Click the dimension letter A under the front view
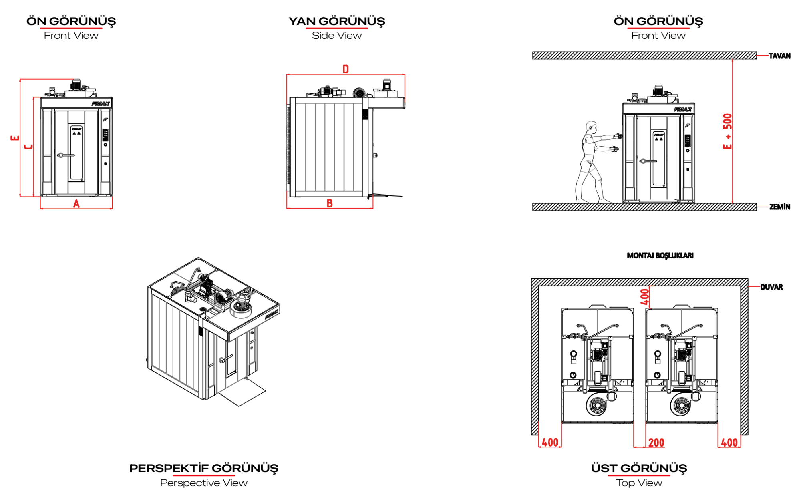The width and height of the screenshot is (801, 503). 76,204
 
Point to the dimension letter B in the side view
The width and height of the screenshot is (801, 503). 330,203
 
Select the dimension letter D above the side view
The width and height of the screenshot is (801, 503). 346,69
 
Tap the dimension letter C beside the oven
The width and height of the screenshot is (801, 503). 28,147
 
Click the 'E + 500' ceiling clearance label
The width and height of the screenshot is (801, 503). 727,131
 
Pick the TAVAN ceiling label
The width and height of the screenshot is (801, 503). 779,56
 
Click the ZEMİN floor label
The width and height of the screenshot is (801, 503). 779,207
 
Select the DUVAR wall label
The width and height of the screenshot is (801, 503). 771,287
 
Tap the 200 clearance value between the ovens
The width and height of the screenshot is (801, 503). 656,443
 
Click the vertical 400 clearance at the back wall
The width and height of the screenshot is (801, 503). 644,297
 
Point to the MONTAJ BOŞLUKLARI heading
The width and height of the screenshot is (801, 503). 660,256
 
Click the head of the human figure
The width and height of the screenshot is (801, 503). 591,127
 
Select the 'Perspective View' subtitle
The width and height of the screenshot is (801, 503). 204,483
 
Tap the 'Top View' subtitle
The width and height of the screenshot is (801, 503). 639,483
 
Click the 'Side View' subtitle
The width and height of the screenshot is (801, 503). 337,36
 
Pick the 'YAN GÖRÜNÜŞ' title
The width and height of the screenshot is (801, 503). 337,21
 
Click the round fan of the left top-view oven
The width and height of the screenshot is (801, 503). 597,405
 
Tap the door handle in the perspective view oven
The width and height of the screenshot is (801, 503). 226,358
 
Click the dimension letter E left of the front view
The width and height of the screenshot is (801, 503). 15,138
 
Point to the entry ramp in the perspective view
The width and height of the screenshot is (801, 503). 242,392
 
